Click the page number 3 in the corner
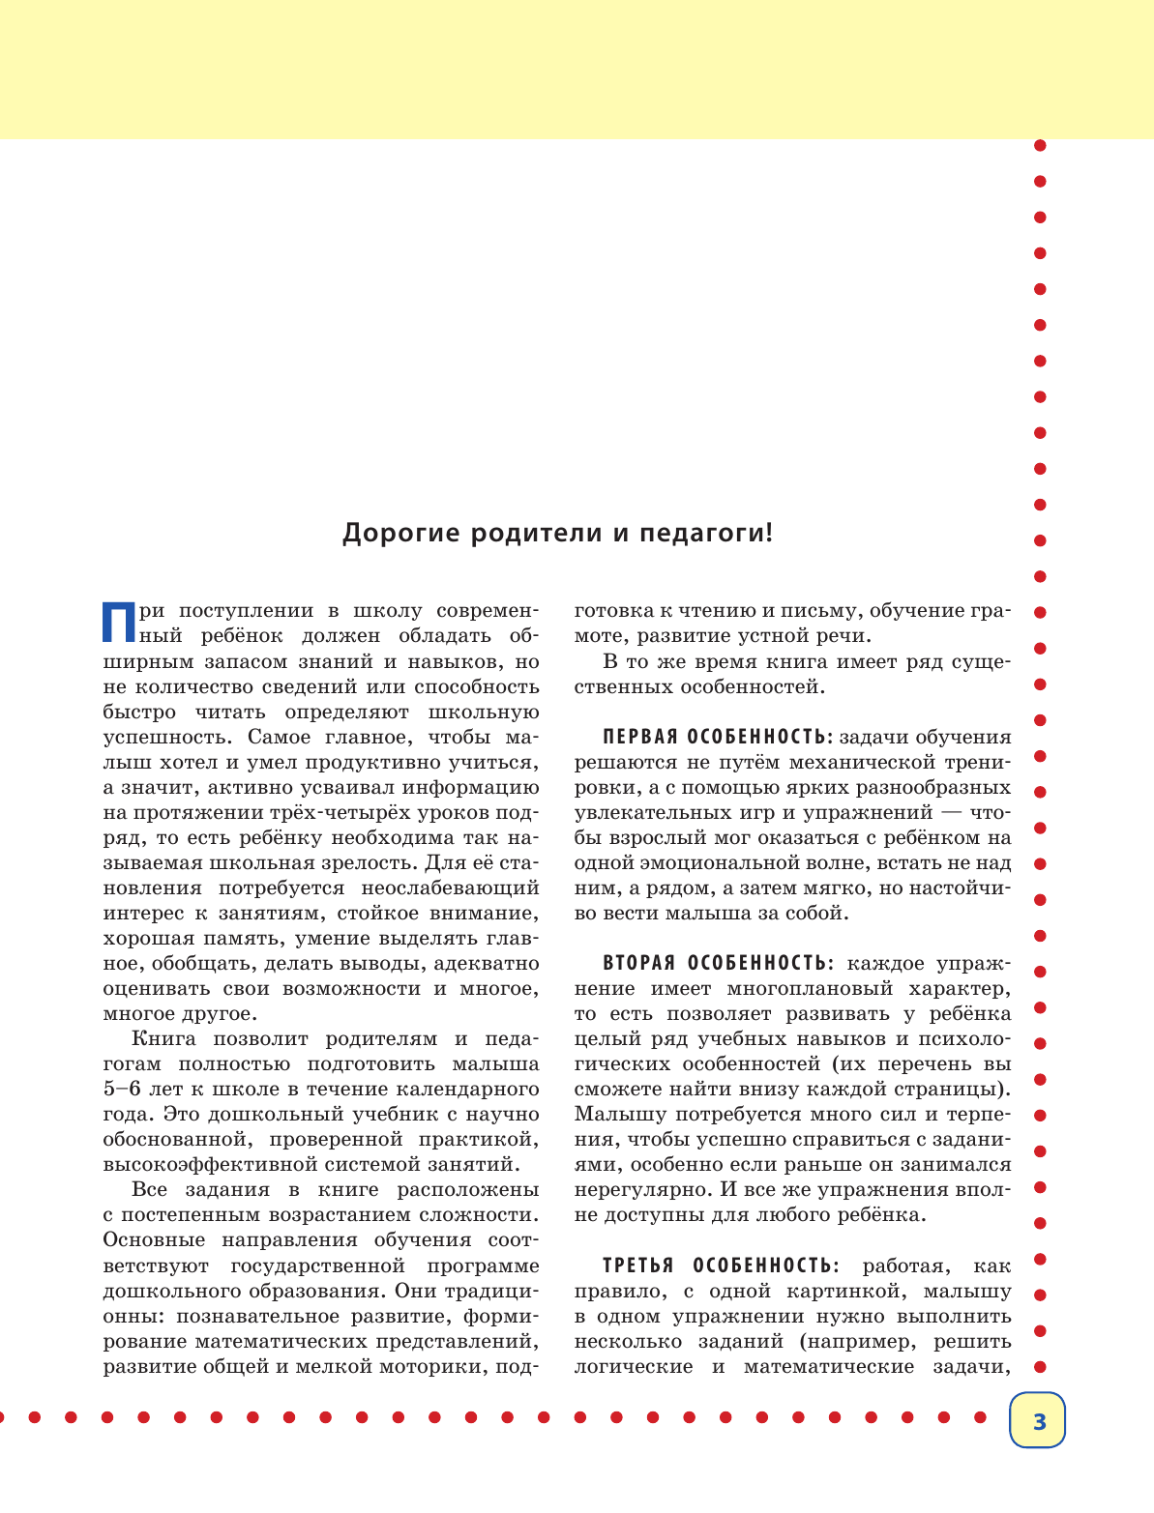click(x=1039, y=1421)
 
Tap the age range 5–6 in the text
click(x=123, y=1090)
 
